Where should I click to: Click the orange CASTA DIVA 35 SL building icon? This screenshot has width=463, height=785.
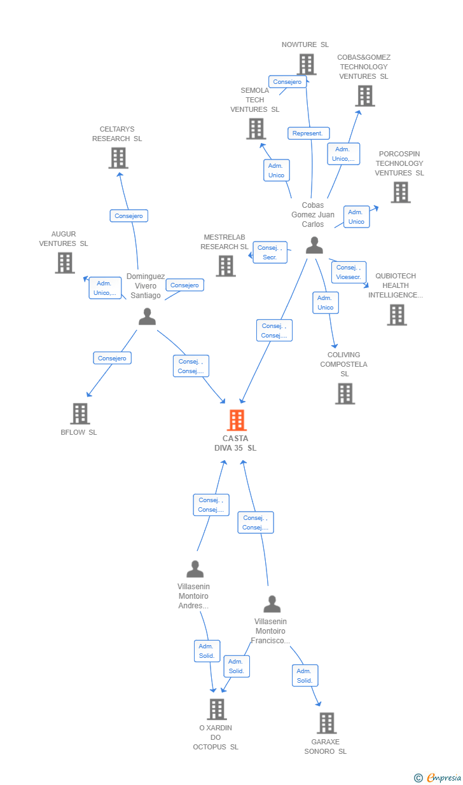tap(237, 420)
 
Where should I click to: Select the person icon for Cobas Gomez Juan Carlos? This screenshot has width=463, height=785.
tap(314, 245)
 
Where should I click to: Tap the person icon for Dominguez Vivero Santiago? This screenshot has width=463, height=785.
tap(147, 317)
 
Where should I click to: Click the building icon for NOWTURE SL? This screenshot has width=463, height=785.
tap(307, 64)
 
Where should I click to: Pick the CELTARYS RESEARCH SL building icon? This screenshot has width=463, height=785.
tap(118, 158)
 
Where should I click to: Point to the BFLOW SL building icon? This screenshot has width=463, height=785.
tap(80, 414)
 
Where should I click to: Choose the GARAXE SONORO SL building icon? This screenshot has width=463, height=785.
tap(326, 723)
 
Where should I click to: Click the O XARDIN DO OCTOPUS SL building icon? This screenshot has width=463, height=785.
tap(217, 709)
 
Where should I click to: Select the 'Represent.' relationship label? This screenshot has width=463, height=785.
tap(308, 133)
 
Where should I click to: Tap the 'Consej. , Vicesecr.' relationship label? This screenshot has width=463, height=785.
tap(349, 272)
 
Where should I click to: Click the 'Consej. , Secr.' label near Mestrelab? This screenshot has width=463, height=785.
tap(270, 252)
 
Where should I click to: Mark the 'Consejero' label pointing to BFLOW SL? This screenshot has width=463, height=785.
tap(112, 358)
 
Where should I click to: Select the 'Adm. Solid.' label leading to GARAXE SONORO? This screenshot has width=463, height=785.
tap(305, 676)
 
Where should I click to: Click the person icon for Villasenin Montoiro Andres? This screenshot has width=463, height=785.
tap(195, 569)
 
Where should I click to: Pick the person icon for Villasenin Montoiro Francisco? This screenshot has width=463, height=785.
tap(272, 604)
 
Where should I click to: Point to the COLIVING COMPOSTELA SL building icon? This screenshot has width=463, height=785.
tap(345, 394)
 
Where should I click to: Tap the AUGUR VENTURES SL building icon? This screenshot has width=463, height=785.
tap(64, 263)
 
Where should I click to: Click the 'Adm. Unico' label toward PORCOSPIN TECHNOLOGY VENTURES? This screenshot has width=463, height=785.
tap(356, 217)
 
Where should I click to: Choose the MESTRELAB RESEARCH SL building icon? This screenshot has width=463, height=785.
tap(226, 266)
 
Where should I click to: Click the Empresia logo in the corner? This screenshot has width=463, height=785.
tap(438, 777)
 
